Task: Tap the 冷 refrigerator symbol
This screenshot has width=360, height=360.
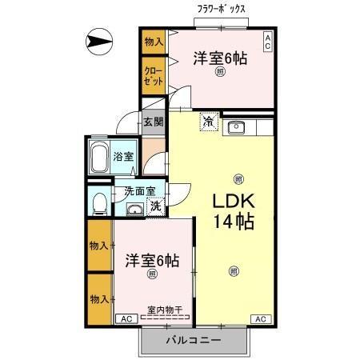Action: point(208,123)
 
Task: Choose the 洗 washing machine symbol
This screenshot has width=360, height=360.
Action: point(156,206)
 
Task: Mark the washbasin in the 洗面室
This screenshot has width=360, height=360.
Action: point(134,210)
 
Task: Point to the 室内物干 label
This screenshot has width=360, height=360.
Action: point(165,310)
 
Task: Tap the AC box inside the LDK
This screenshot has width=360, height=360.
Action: point(260,318)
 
